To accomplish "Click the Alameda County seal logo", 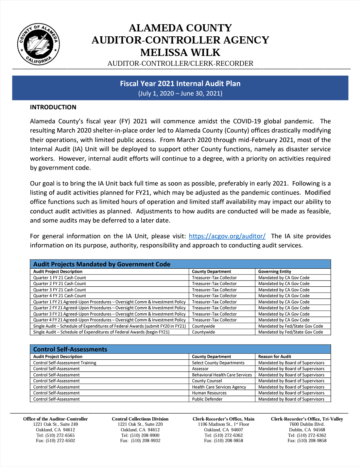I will (x=39, y=44).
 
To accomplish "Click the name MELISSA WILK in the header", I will (x=180, y=52).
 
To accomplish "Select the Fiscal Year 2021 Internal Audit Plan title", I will (x=180, y=83).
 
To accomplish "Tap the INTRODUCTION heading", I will (x=53, y=107).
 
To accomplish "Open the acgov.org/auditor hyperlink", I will (x=227, y=236).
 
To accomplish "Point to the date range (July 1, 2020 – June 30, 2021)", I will (x=180, y=93).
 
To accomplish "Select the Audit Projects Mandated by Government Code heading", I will (x=102, y=264).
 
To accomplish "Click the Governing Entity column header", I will (x=274, y=271).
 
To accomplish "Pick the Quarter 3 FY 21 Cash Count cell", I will (x=60, y=290).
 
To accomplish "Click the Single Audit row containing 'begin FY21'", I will (x=101, y=332).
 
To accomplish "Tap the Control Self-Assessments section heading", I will (x=70, y=349).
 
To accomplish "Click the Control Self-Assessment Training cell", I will (x=65, y=363).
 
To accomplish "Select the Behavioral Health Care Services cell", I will (x=222, y=375).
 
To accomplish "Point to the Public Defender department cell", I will (x=207, y=399).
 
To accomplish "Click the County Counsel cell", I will (x=207, y=381).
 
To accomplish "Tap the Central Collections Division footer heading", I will (x=140, y=419).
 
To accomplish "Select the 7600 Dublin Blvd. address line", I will (x=307, y=424).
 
